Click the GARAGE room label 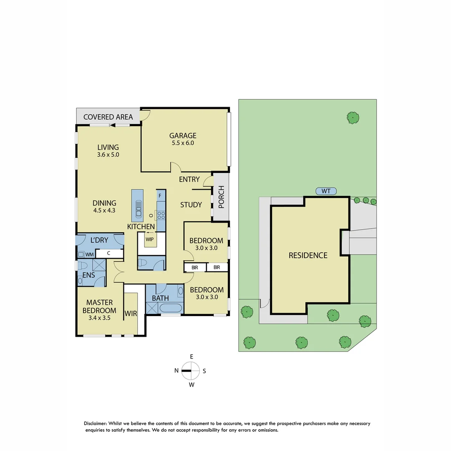(182, 135)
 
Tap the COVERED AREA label (108, 117)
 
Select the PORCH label (221, 197)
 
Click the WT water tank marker (326, 191)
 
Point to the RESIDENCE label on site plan (308, 255)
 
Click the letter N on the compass (177, 370)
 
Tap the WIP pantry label (149, 239)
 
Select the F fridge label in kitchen (160, 195)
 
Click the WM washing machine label (89, 254)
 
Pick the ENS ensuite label (88, 275)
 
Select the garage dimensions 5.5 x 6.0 (182, 143)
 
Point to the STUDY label (191, 205)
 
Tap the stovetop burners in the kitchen (161, 215)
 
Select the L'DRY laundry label (99, 241)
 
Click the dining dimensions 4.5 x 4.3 (104, 210)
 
